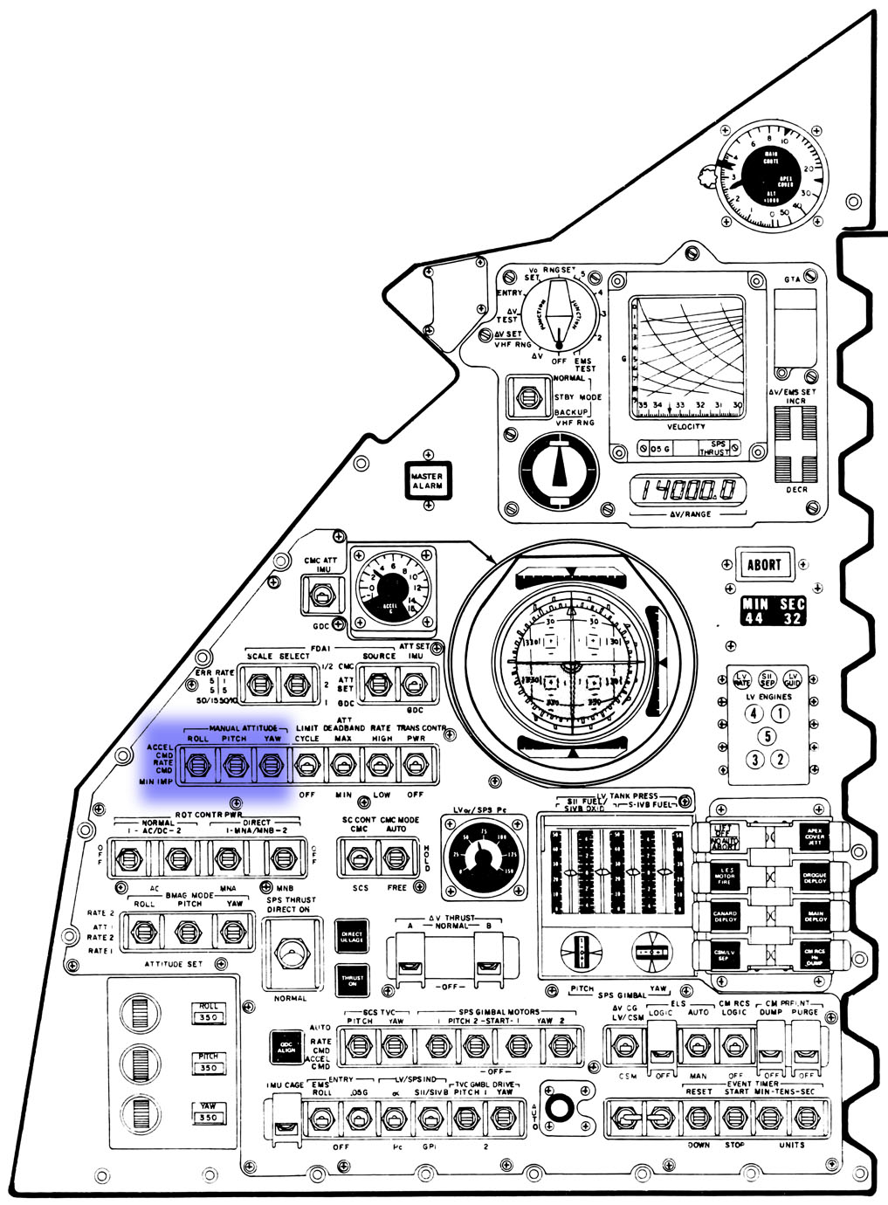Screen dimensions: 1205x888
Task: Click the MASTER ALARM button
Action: (x=427, y=480)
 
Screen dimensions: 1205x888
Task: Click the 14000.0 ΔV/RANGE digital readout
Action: (x=690, y=491)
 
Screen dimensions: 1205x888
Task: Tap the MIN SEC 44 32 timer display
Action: (x=774, y=611)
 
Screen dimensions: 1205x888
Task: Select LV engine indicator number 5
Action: (x=767, y=736)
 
